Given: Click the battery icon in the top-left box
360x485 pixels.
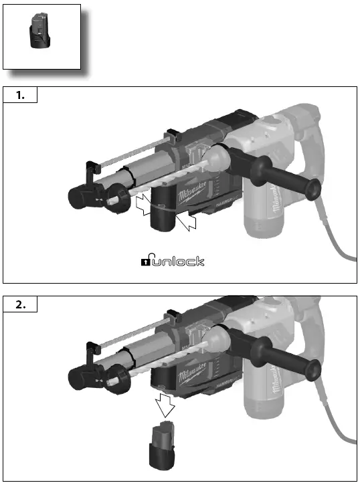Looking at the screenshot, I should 39,33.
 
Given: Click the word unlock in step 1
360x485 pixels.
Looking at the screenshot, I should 179,261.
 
